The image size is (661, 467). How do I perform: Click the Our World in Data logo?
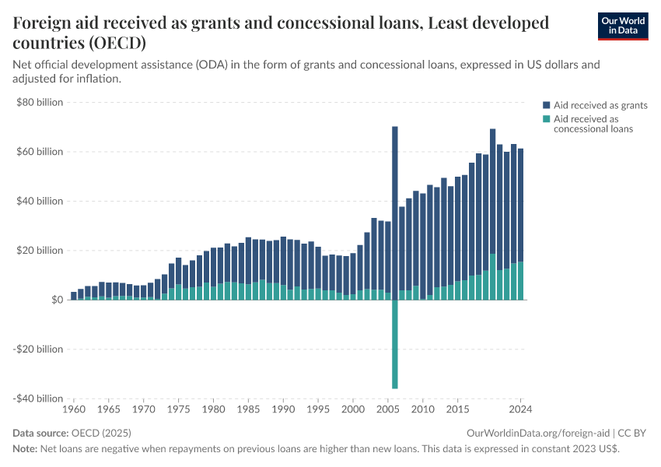(x=622, y=26)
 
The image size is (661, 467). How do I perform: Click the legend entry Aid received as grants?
(x=600, y=105)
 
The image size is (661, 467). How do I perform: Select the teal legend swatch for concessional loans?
(x=547, y=119)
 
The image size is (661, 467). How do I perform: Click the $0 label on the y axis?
(x=57, y=300)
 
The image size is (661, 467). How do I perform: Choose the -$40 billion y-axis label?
(x=38, y=399)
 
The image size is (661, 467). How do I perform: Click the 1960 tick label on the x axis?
(x=74, y=409)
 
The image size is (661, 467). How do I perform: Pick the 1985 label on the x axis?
(x=248, y=409)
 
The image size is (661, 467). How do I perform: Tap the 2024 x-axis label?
(x=520, y=409)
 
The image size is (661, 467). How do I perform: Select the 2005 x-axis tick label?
(x=388, y=409)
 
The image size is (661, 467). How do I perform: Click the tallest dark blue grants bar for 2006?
(x=395, y=210)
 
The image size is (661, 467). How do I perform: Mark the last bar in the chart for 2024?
(x=520, y=226)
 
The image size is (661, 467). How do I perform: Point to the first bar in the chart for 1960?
(x=74, y=296)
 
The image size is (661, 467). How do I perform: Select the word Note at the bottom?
(x=25, y=449)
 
